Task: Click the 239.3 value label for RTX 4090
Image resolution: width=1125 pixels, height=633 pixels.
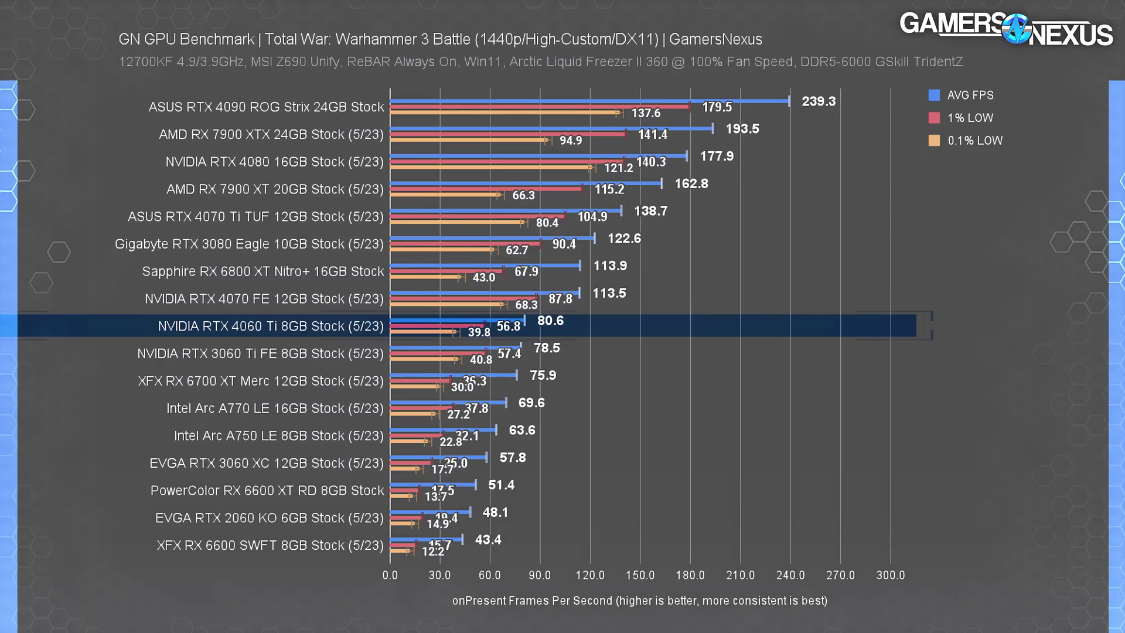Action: (x=818, y=101)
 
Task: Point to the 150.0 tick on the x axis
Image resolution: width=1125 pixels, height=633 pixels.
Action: (x=640, y=576)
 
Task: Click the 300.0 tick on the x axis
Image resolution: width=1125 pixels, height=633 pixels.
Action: (x=890, y=576)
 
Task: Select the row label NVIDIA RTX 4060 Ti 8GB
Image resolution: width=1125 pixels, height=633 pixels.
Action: (x=270, y=326)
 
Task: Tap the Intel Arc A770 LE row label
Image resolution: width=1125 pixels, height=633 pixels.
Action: (x=274, y=409)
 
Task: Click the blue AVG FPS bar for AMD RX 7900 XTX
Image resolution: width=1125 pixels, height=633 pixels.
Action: (x=551, y=128)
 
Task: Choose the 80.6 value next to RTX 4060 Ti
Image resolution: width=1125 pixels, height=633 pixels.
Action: (x=550, y=321)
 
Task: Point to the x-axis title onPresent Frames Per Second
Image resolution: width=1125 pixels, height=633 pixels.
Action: (x=639, y=601)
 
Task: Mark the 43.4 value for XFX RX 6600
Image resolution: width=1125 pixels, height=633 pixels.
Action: (x=487, y=540)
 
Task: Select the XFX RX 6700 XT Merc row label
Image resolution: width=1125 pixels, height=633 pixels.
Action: (x=260, y=381)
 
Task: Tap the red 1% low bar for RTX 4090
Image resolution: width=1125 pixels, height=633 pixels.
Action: (x=539, y=107)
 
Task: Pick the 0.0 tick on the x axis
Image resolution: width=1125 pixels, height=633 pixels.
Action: (x=390, y=576)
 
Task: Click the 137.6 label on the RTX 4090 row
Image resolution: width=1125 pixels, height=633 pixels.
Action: (x=645, y=113)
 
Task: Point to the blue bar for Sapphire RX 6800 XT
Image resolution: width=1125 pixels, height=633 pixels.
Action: (x=485, y=266)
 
